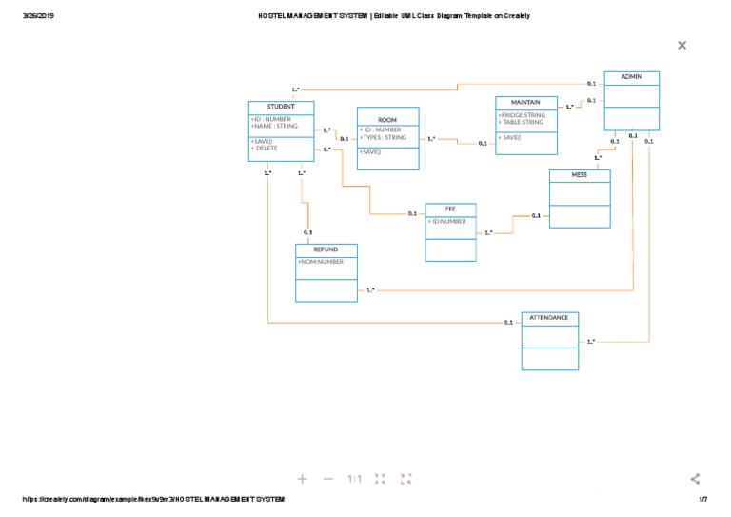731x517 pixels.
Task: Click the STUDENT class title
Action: [x=281, y=107]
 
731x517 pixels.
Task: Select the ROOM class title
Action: [x=387, y=120]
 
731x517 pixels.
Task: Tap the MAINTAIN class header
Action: [x=525, y=102]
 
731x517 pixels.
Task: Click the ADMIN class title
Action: [x=631, y=77]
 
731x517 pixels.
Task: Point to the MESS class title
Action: [x=580, y=175]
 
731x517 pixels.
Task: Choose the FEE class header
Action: [x=450, y=209]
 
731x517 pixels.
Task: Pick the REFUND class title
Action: [x=326, y=249]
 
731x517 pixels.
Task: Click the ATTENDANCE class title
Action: [x=549, y=317]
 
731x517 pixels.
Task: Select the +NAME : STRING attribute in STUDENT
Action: [x=274, y=126]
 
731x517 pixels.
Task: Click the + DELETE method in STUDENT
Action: [x=266, y=149]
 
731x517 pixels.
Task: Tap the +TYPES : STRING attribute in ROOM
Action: [x=383, y=138]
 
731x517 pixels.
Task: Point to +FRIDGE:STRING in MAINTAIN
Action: [x=521, y=115]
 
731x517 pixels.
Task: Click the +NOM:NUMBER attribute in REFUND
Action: [x=321, y=261]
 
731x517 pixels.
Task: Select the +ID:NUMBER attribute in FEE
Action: [x=447, y=221]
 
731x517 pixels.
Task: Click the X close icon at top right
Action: [x=682, y=45]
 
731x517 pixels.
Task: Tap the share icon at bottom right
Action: [x=695, y=479]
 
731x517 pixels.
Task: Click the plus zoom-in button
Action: [x=303, y=479]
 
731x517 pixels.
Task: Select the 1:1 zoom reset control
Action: [x=353, y=479]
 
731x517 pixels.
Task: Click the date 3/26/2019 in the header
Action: [x=37, y=16]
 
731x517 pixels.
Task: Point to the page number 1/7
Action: [x=703, y=500]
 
